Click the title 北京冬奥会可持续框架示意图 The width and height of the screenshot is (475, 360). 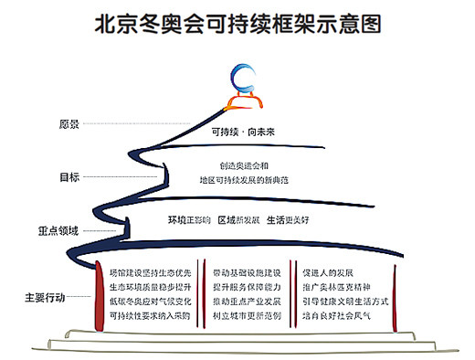(237, 23)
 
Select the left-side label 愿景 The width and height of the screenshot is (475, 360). (69, 123)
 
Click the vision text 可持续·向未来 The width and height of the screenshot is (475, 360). (243, 130)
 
